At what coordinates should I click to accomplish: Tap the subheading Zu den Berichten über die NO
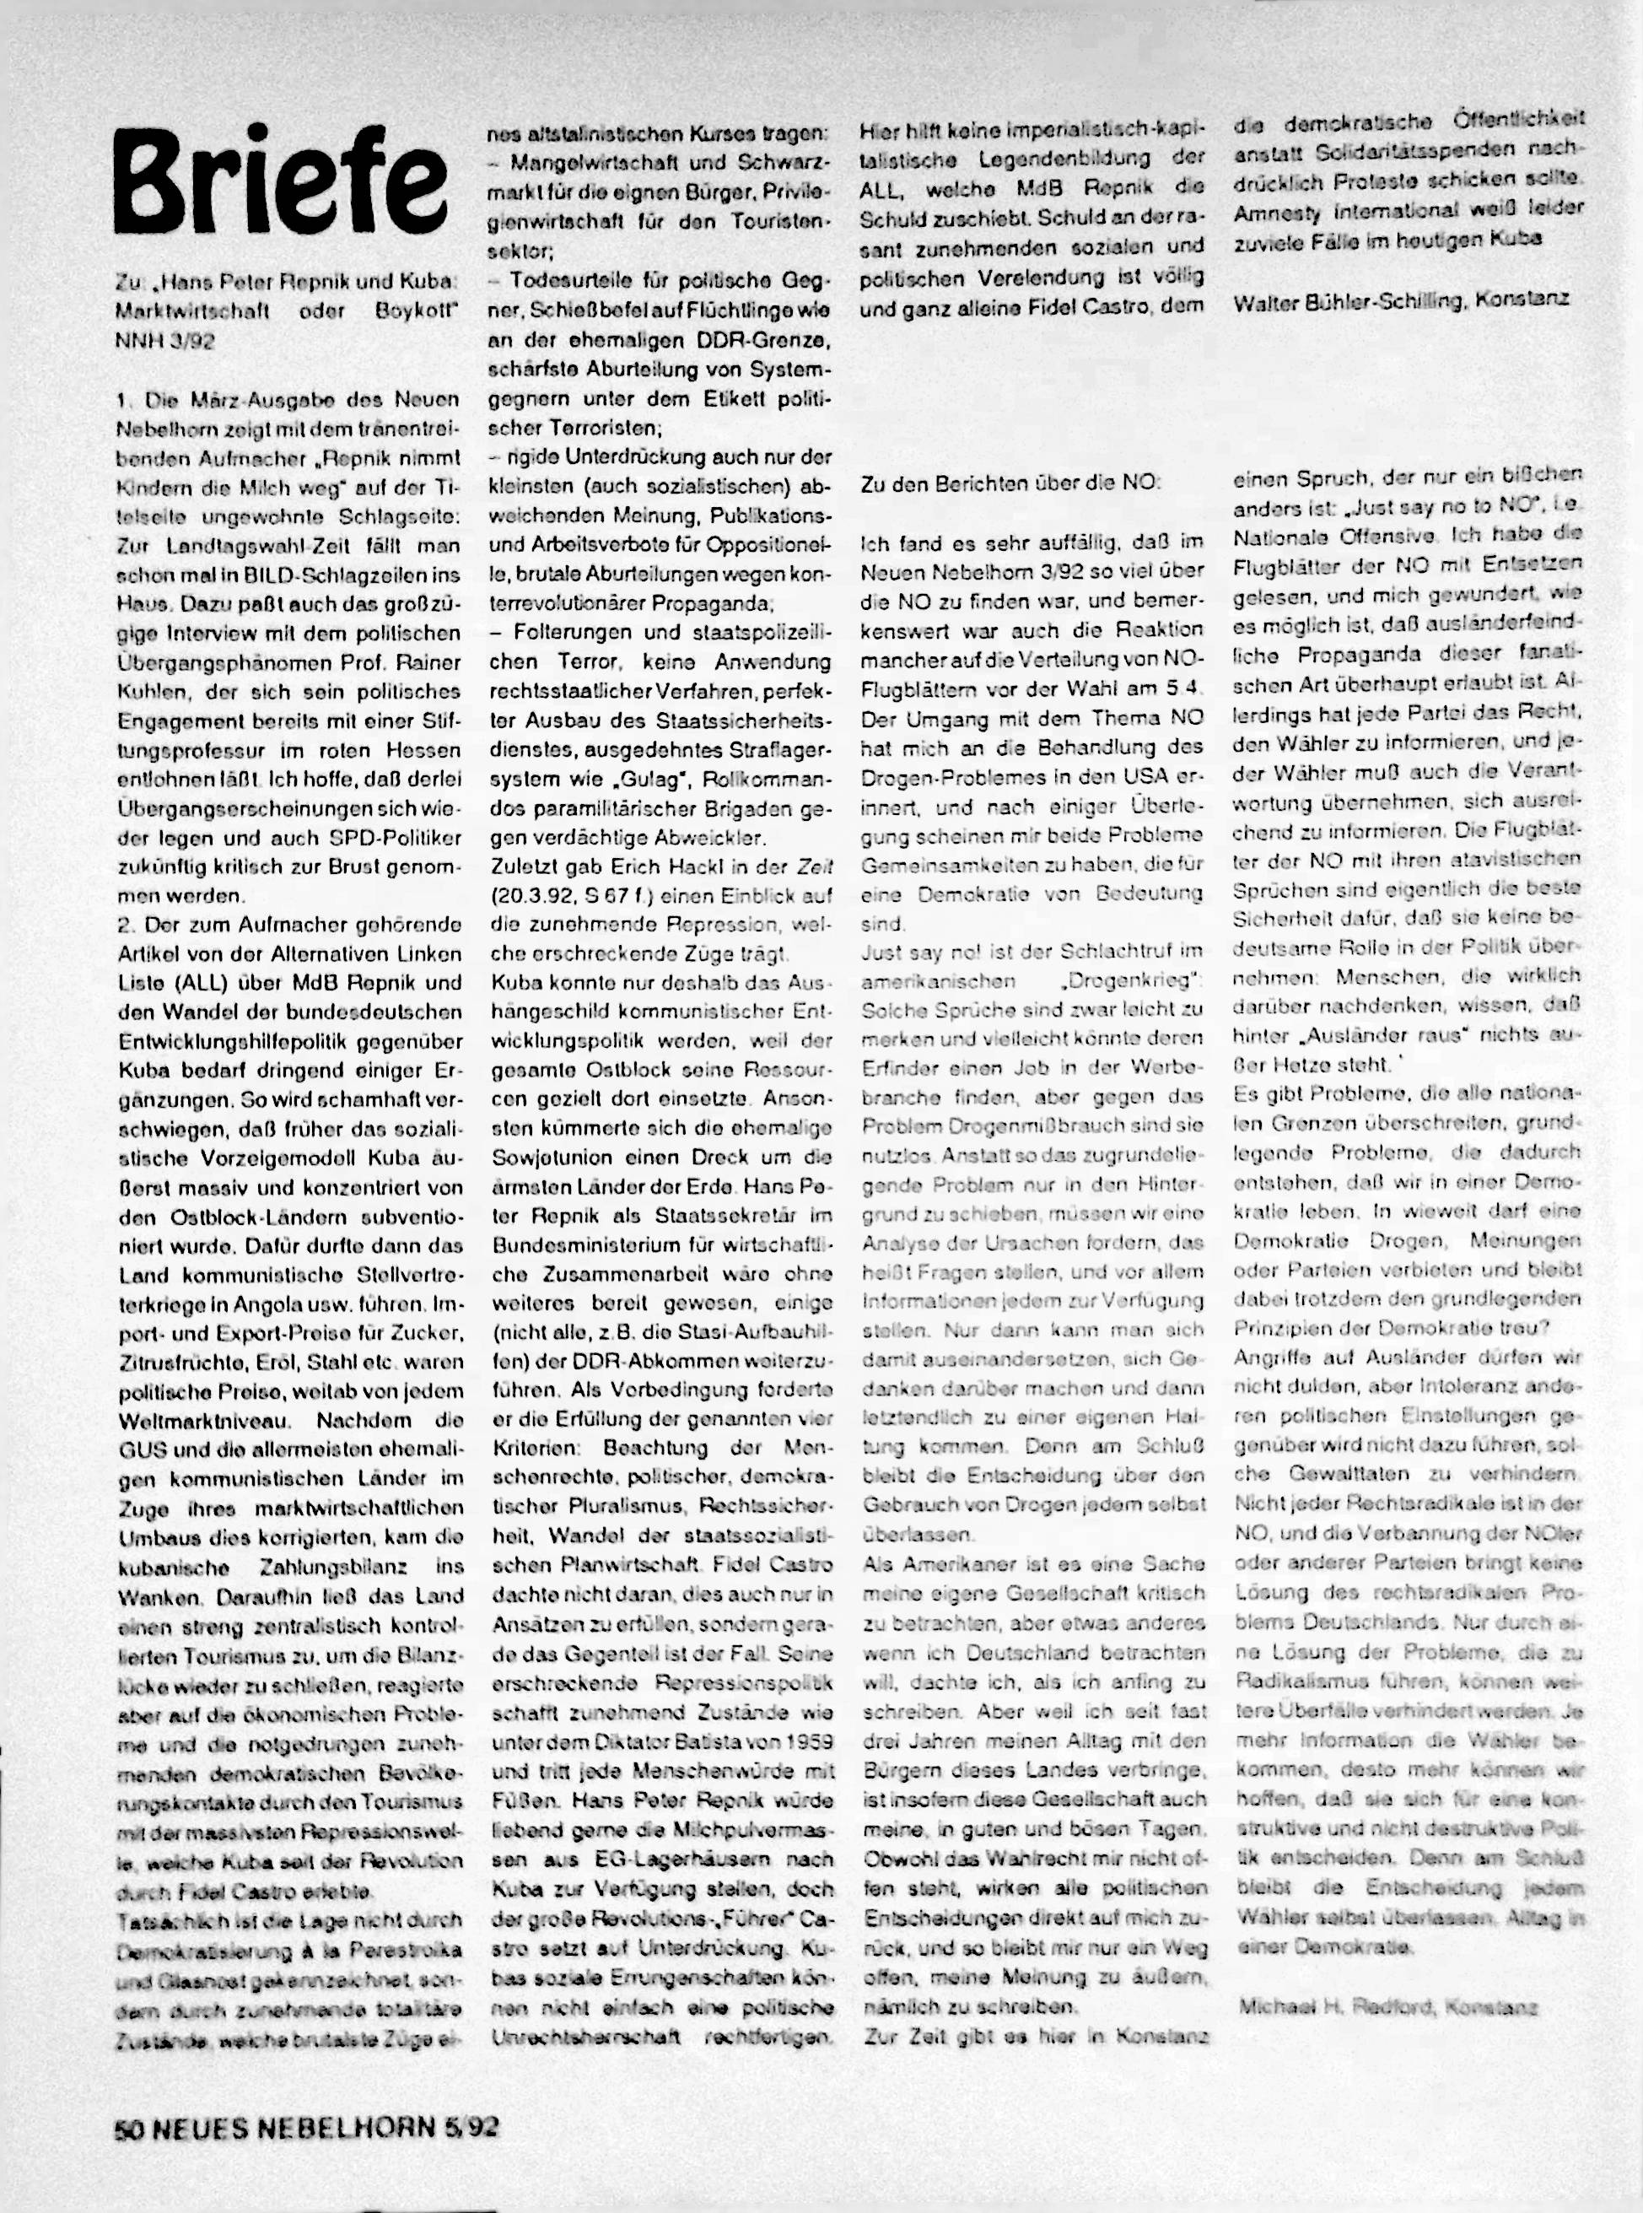1010,483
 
